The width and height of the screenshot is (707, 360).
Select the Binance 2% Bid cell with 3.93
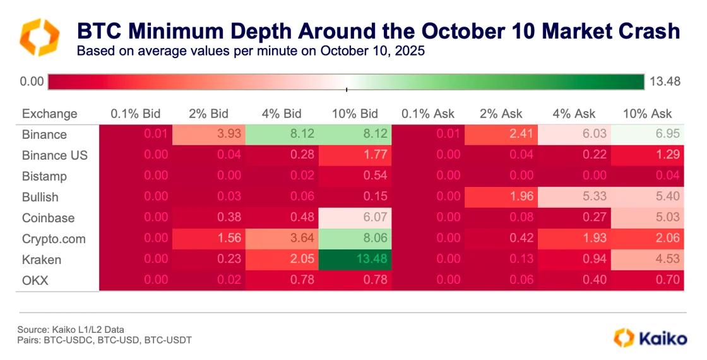pyautogui.click(x=209, y=135)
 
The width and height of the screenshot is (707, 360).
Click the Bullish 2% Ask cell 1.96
pyautogui.click(x=501, y=197)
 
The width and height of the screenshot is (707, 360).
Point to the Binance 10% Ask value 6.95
pyautogui.click(x=648, y=135)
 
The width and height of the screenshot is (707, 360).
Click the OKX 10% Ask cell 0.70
pyautogui.click(x=648, y=280)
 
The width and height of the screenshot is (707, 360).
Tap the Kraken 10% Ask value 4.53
pyautogui.click(x=648, y=260)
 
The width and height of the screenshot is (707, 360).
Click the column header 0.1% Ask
pyautogui.click(x=427, y=114)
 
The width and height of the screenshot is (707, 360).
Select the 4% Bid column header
pyautogui.click(x=282, y=114)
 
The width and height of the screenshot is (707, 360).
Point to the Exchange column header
pyautogui.click(x=49, y=114)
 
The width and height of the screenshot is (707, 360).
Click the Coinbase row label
pyautogui.click(x=48, y=218)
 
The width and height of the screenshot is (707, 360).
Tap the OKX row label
pyautogui.click(x=35, y=280)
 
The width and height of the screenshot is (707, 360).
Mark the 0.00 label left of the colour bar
pyautogui.click(x=32, y=81)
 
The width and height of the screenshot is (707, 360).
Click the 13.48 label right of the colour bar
pyautogui.click(x=665, y=81)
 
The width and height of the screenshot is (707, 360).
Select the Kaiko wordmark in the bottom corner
pyautogui.click(x=663, y=338)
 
